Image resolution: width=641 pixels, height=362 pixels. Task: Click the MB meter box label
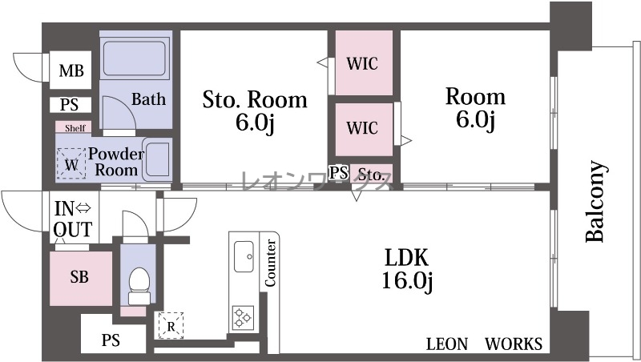[71, 70]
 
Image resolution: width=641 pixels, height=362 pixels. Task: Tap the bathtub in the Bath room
[135, 57]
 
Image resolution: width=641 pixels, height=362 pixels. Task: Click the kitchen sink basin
[244, 256]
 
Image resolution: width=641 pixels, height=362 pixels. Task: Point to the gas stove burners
[243, 317]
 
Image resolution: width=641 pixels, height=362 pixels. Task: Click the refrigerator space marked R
[171, 326]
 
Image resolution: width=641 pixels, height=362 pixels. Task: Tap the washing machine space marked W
[71, 164]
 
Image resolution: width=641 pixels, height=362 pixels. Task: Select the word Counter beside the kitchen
[270, 263]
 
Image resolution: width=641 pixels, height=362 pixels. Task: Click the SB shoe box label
[79, 276]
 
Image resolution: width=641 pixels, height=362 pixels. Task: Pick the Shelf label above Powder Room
[75, 128]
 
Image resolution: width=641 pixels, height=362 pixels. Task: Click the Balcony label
[595, 202]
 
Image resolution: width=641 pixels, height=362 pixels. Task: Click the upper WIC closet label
[362, 63]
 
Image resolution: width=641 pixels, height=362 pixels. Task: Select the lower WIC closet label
[362, 128]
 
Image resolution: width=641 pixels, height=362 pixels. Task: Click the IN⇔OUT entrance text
[73, 219]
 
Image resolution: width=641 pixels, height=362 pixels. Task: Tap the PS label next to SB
[111, 340]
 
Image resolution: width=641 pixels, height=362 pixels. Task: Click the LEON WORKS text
[485, 344]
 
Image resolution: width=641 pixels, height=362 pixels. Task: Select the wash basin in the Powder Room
[157, 159]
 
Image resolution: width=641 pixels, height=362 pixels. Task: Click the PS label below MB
[69, 105]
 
